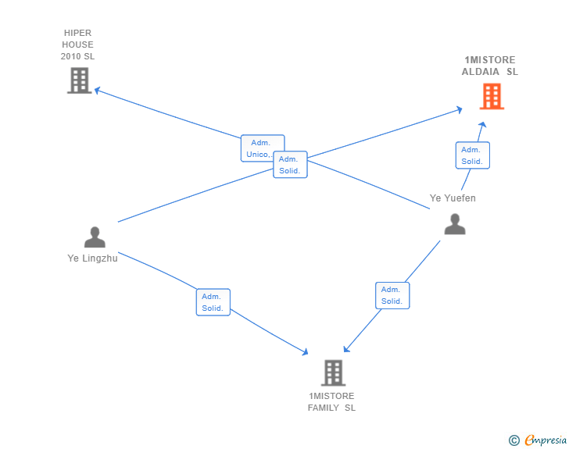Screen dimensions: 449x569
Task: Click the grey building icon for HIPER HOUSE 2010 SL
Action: point(79,80)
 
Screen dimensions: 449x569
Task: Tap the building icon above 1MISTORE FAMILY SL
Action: point(333,372)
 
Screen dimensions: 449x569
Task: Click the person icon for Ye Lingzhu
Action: point(95,237)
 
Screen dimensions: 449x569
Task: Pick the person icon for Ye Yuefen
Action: point(454,224)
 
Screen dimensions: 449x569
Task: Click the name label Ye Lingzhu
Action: point(92,258)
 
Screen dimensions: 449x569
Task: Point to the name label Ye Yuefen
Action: point(453,198)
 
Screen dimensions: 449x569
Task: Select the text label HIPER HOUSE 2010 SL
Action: point(77,45)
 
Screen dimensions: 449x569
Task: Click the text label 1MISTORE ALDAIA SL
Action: point(490,66)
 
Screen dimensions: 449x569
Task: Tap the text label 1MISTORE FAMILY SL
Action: point(331,401)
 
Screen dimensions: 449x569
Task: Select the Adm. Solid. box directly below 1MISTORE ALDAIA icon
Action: point(472,155)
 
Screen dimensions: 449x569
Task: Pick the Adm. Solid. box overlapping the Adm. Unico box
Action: point(290,165)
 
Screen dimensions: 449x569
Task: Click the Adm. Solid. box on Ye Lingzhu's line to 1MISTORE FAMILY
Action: point(213,302)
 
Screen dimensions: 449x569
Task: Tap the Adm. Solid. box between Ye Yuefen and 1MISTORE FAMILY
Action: point(392,295)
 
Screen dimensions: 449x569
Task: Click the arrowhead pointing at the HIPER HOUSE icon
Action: point(98,90)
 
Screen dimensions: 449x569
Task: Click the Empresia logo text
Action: point(546,440)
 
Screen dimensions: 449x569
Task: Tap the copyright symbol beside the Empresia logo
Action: point(514,440)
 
